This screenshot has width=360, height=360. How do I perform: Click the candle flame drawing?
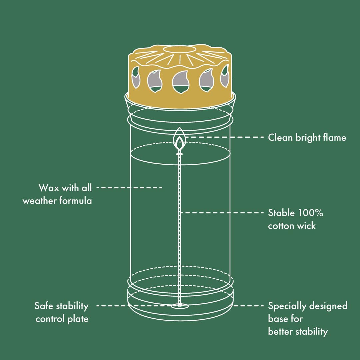coord(180,139)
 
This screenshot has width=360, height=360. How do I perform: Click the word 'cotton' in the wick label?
coord(281,226)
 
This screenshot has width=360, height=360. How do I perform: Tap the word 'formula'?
coord(76,201)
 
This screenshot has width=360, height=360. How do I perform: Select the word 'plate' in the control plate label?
coord(78,319)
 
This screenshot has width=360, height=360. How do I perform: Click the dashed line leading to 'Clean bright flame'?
coord(225,137)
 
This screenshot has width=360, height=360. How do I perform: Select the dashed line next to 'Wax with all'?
coord(129,188)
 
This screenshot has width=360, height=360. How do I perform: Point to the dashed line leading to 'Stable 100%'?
coord(222,213)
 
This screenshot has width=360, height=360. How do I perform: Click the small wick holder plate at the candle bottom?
coord(180,306)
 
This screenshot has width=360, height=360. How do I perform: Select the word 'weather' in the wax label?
coord(39,201)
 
